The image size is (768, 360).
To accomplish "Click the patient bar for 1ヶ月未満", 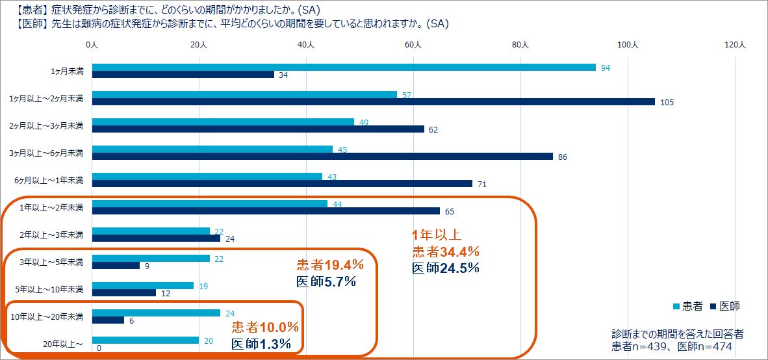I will (344, 68).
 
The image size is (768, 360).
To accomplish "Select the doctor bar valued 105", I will (373, 101).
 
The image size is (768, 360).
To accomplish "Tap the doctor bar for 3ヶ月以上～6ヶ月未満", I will (322, 156).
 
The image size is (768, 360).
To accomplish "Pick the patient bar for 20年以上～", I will (146, 340).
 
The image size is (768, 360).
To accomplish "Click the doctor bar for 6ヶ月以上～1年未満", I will (282, 183).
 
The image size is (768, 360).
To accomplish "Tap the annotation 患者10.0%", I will (265, 327).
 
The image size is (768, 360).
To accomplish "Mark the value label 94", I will (605, 68).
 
